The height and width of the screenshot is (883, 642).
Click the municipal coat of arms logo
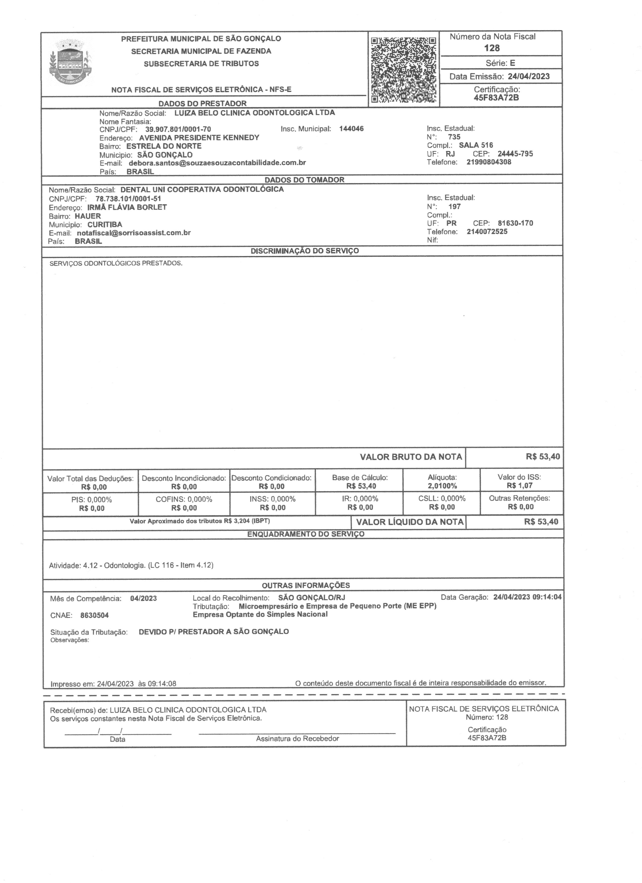(x=70, y=62)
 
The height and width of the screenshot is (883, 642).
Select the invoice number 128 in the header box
(x=492, y=48)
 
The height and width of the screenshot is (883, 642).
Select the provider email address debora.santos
(x=217, y=163)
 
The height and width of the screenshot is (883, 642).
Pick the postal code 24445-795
(x=515, y=154)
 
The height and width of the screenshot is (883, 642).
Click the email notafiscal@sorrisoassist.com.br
(x=134, y=233)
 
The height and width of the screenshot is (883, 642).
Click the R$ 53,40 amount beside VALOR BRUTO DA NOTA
(x=542, y=457)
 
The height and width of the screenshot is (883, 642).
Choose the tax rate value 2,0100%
(x=442, y=486)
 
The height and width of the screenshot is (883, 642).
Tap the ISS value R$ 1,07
(x=519, y=486)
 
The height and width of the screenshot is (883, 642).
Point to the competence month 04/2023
(x=143, y=598)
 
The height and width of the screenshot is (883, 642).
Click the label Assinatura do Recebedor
(x=297, y=739)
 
